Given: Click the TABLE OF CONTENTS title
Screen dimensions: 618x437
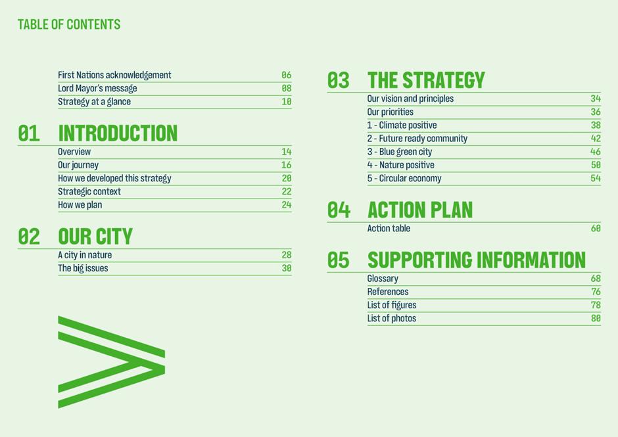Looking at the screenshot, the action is pyautogui.click(x=69, y=24).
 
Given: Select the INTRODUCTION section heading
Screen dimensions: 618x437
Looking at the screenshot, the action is pyautogui.click(x=118, y=133).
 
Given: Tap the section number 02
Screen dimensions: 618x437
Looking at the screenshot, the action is pyautogui.click(x=29, y=237).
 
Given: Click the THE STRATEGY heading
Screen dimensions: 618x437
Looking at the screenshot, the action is pyautogui.click(x=426, y=80).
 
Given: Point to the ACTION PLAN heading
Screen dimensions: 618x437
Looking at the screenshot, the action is pyautogui.click(x=420, y=210).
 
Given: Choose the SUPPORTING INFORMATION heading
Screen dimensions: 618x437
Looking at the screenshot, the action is pyautogui.click(x=477, y=260).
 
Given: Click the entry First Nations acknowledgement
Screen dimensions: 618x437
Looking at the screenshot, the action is pyautogui.click(x=114, y=75).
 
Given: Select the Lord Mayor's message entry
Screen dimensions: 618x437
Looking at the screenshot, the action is pyautogui.click(x=97, y=88).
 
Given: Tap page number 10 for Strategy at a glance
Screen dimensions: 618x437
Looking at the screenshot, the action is pyautogui.click(x=287, y=102).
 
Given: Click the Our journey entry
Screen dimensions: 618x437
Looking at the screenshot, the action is pyautogui.click(x=78, y=165).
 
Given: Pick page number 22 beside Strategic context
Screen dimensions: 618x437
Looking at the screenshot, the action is pyautogui.click(x=287, y=191).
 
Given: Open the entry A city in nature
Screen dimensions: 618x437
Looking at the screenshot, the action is pyautogui.click(x=85, y=255).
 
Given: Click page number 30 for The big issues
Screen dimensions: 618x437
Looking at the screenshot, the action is pyautogui.click(x=287, y=268).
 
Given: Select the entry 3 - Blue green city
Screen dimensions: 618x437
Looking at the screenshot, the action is pyautogui.click(x=400, y=152).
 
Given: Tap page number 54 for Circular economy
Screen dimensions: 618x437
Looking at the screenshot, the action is pyautogui.click(x=596, y=178).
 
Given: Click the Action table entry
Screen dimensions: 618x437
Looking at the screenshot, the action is pyautogui.click(x=389, y=228).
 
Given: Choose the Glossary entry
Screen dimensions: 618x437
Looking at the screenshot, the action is pyautogui.click(x=383, y=279).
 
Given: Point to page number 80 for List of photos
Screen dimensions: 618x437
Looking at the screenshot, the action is pyautogui.click(x=596, y=318).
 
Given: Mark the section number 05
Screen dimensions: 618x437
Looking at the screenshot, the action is pyautogui.click(x=338, y=260).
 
